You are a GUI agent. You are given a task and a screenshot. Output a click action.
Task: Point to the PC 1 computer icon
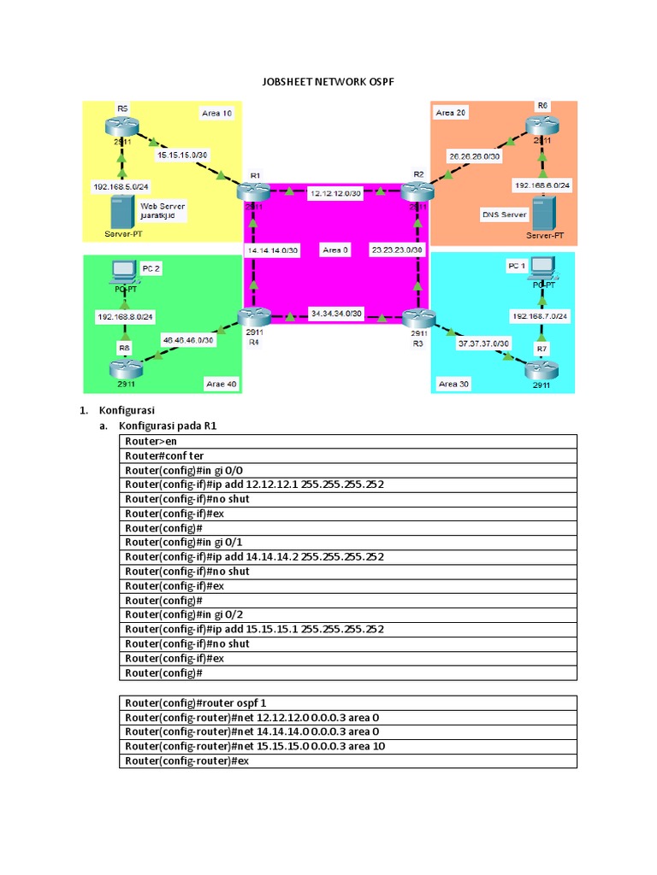542,269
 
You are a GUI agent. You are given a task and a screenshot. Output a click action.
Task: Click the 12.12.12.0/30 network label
335,194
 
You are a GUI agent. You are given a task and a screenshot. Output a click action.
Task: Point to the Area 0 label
335,250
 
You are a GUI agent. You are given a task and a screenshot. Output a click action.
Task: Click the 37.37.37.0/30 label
484,343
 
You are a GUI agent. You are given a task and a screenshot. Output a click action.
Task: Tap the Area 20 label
451,113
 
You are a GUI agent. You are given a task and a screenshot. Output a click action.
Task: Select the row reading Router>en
347,441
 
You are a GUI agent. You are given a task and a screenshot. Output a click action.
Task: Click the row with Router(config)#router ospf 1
347,702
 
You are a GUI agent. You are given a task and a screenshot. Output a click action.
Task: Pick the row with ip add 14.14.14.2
347,556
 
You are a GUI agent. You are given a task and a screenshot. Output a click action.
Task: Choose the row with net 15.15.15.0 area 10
347,746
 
